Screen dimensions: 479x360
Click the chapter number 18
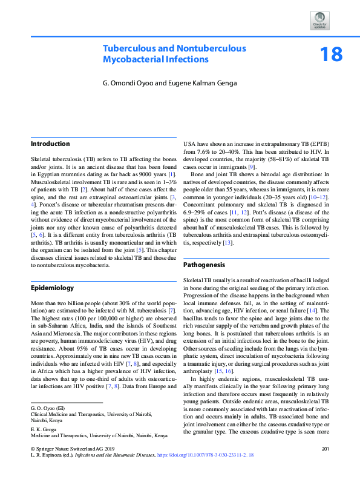(331, 55)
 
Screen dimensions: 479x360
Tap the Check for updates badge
(320, 22)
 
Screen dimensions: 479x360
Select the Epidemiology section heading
(53, 288)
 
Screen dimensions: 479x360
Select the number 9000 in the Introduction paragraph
(142, 174)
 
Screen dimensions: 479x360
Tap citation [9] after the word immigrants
(252, 167)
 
